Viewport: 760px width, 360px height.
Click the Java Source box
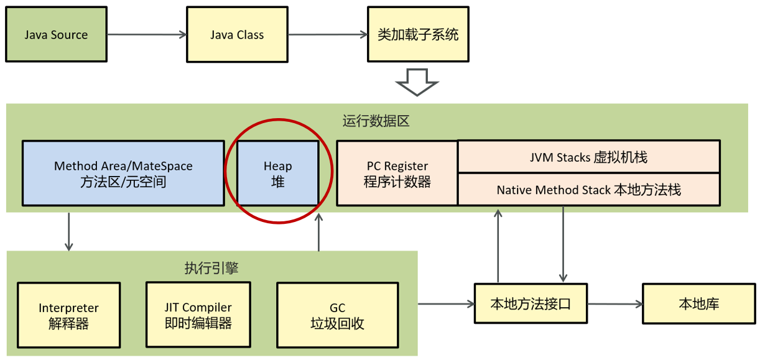tap(56, 34)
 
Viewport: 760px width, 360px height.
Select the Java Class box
tap(237, 34)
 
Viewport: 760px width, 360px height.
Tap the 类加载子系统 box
tap(417, 34)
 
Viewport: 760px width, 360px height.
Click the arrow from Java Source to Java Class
tap(147, 35)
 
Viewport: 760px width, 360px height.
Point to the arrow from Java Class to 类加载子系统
tap(327, 35)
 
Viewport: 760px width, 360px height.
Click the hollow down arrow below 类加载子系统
tap(417, 81)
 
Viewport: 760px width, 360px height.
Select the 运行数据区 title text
tap(376, 121)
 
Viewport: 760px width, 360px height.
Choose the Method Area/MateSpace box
tap(123, 173)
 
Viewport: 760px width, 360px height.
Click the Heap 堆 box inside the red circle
tap(277, 173)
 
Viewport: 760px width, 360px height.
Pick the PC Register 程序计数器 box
tap(397, 173)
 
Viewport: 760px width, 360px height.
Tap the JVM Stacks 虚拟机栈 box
tap(588, 157)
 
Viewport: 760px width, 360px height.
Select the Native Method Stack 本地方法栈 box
tap(588, 190)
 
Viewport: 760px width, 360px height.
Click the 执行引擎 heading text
tap(211, 268)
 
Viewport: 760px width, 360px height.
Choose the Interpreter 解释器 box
tap(68, 315)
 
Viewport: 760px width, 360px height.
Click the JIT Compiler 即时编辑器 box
tap(198, 315)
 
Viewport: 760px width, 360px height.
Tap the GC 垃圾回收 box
tap(337, 315)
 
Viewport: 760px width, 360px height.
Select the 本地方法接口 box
tap(531, 304)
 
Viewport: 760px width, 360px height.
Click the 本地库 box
tap(699, 304)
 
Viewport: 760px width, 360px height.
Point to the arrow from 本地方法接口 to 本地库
tap(614, 304)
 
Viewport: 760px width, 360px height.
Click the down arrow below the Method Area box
tap(69, 231)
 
